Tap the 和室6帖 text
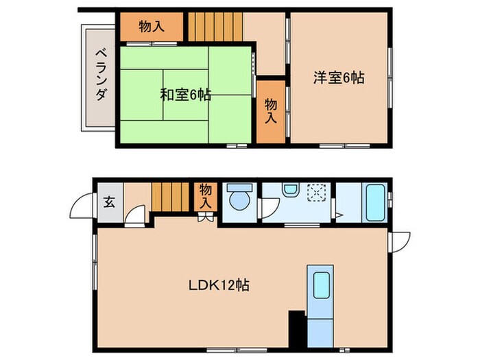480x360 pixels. (x=185, y=95)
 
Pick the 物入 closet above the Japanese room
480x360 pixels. (x=152, y=27)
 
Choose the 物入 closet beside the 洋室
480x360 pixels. (x=271, y=111)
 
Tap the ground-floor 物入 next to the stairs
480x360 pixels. (x=205, y=196)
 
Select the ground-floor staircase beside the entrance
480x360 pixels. (x=170, y=197)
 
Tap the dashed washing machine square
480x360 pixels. (x=317, y=193)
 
